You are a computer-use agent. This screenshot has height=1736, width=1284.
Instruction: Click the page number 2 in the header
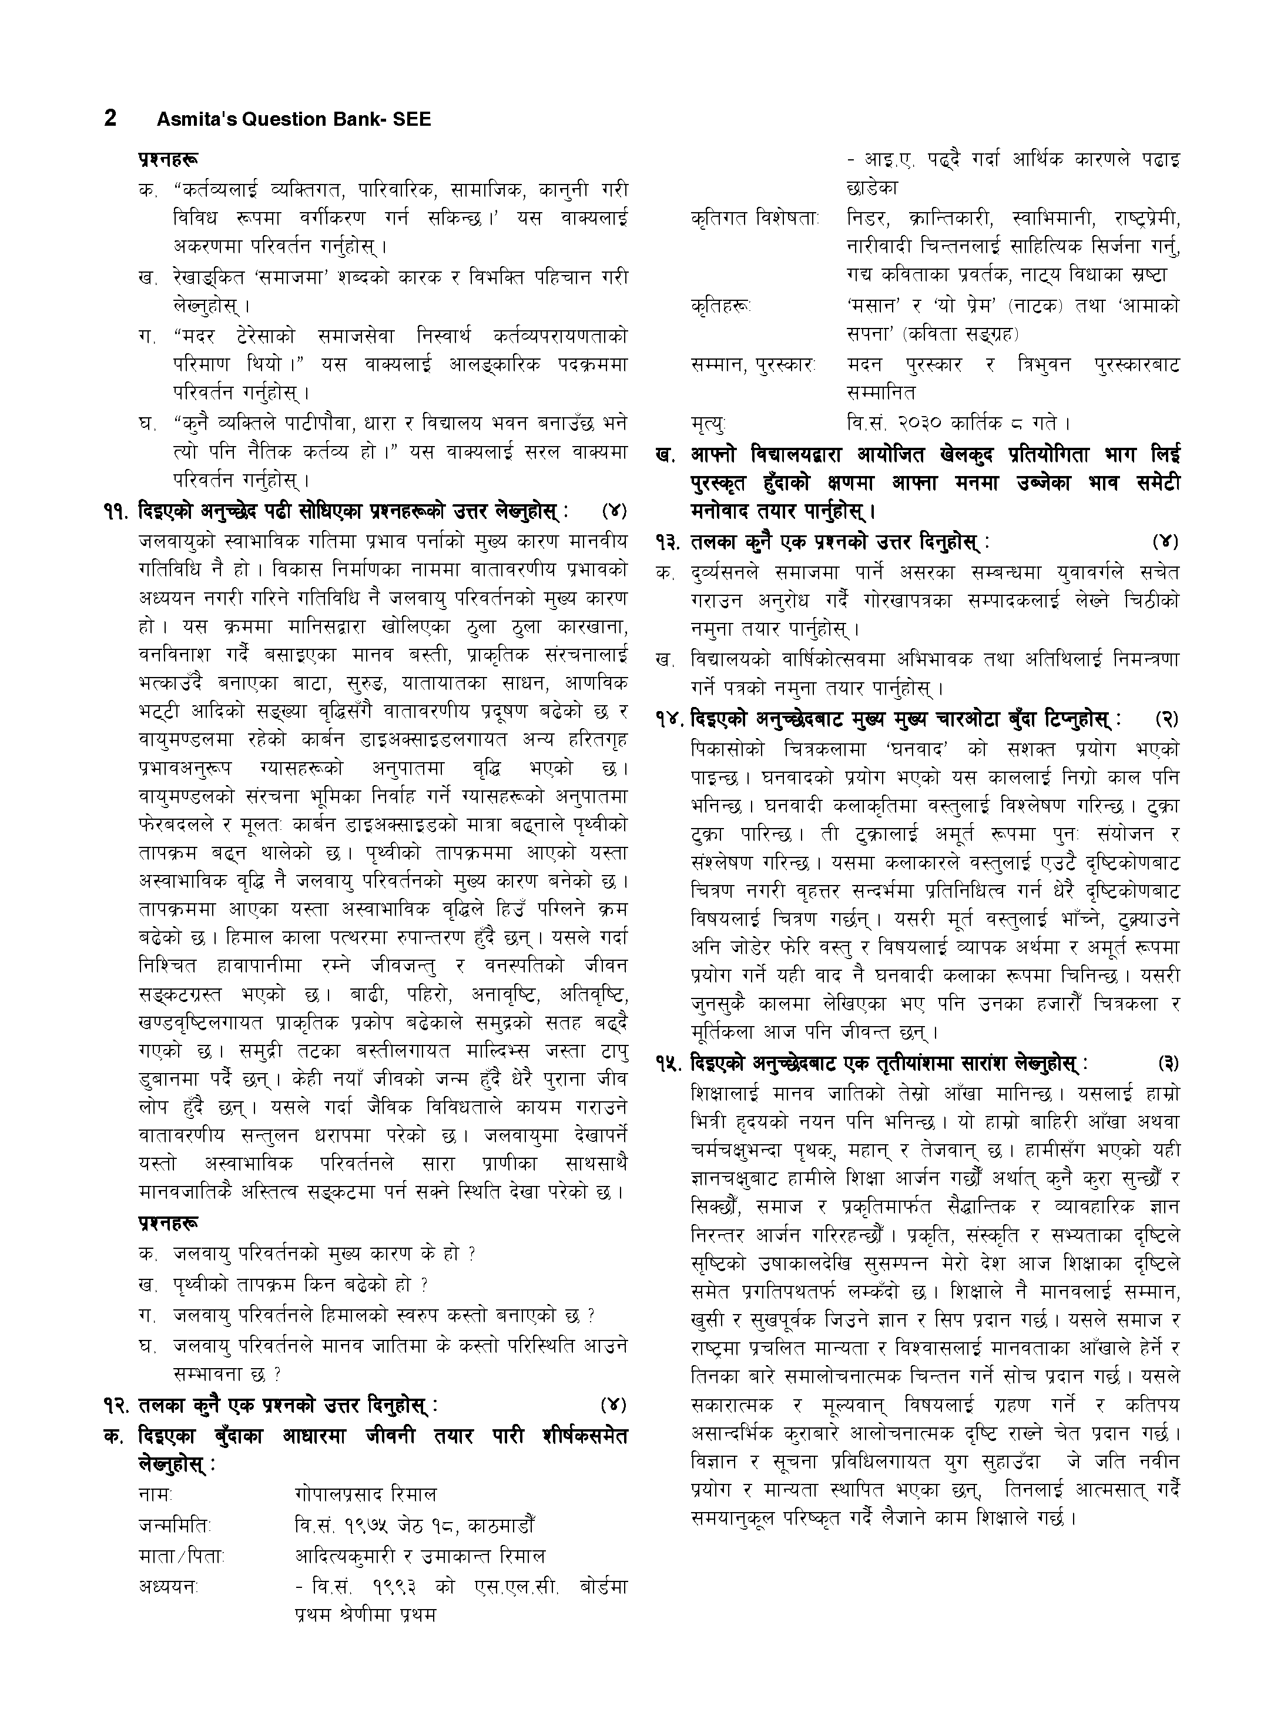(110, 118)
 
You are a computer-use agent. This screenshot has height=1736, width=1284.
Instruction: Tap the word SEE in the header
(414, 120)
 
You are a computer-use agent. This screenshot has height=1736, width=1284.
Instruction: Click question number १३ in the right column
(670, 542)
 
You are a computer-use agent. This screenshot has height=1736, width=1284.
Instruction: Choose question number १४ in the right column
(670, 719)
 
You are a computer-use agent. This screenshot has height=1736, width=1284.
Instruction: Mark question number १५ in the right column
(670, 1064)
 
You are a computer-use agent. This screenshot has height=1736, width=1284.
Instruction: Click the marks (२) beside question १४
(1166, 719)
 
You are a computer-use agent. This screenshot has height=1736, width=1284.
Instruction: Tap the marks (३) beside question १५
(1166, 1064)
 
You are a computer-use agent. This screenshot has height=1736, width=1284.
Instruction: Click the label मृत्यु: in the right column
(708, 424)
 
